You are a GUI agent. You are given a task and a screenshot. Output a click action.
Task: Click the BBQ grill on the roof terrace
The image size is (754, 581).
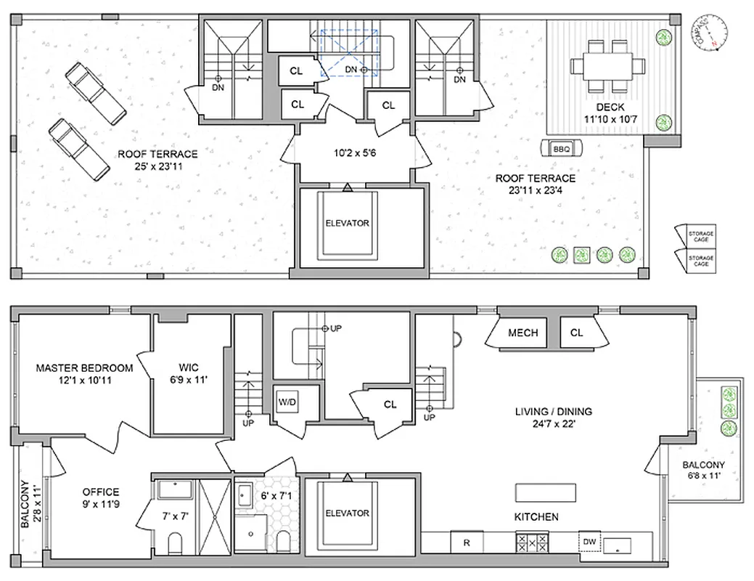[x=561, y=148]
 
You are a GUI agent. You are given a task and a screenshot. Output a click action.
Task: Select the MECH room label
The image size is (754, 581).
[x=523, y=333]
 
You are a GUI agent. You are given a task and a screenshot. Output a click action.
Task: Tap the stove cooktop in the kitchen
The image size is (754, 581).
[x=530, y=542]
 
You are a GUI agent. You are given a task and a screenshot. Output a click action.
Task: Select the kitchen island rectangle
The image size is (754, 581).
[x=546, y=492]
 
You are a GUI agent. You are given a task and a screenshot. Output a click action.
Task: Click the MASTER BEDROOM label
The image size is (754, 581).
[x=84, y=368]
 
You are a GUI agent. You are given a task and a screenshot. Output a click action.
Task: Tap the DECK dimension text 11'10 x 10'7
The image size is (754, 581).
[x=610, y=120]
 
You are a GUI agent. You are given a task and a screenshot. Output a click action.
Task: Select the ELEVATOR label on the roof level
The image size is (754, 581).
[x=347, y=223]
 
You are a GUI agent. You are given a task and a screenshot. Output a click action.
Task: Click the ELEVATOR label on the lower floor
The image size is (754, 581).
[x=347, y=513]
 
